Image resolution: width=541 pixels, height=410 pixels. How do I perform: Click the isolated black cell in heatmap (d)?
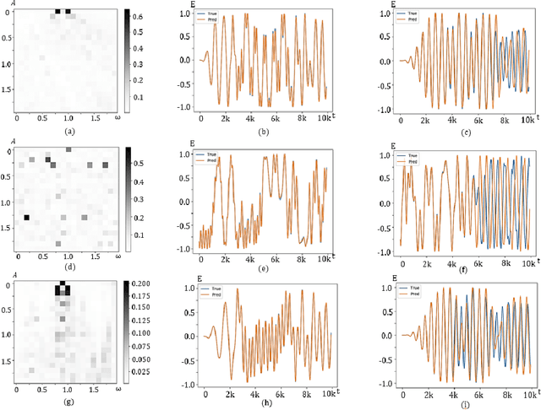(x=26, y=218)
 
